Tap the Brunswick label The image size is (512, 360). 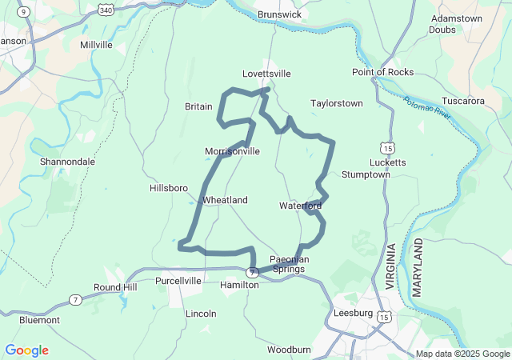[x=279, y=14]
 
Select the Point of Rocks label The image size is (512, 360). [x=382, y=72]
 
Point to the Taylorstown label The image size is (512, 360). [x=336, y=103]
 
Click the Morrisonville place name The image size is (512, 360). [x=232, y=150]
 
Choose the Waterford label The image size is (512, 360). [x=300, y=206]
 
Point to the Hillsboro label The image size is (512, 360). [x=169, y=188]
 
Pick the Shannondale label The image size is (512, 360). [x=67, y=162]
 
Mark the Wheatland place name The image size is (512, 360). [x=225, y=200]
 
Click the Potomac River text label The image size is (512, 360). [x=428, y=110]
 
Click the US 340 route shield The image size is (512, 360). [x=106, y=9]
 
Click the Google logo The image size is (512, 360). [x=26, y=350]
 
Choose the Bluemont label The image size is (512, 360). [x=40, y=319]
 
